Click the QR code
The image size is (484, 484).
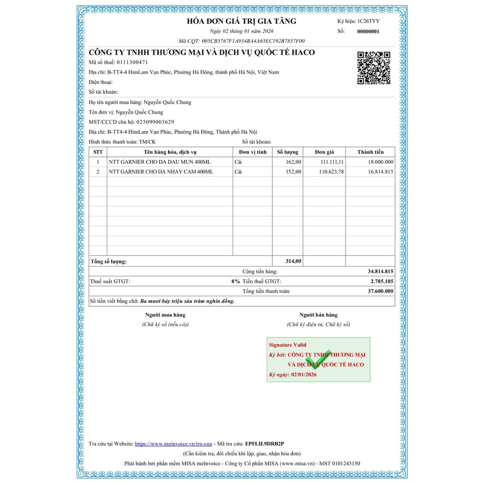point(373,68)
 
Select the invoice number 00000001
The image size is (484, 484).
point(368,32)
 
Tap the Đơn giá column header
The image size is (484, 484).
point(324,152)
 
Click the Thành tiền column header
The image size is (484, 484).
point(371,152)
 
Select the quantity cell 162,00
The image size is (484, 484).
point(291,162)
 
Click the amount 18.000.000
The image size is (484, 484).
point(378,162)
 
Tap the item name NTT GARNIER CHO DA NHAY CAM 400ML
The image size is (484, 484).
point(161,172)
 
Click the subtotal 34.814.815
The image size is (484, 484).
point(380,272)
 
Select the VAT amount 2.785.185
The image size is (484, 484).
point(381,281)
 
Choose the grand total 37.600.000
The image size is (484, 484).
point(380,291)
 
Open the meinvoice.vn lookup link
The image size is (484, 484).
point(173,444)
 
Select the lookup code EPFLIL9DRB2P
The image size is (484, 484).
point(265,444)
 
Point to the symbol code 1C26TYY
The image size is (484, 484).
point(368,21)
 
